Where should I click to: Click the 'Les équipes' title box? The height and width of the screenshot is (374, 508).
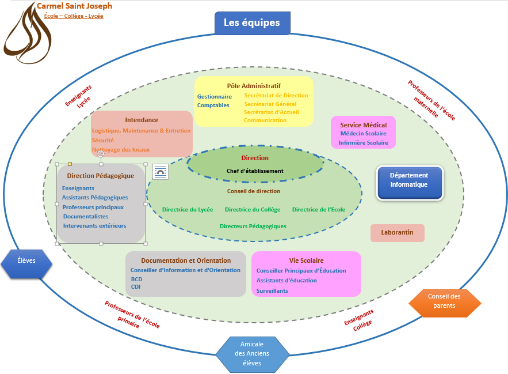click(x=252, y=23)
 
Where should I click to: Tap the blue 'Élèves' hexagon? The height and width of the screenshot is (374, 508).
click(x=26, y=260)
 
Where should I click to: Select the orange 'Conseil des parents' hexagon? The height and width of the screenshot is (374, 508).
click(x=444, y=301)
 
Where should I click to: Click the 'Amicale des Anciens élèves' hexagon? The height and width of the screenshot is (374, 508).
click(x=252, y=353)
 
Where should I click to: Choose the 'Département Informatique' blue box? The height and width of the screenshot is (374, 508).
click(x=409, y=180)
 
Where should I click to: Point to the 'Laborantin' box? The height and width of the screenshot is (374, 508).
click(x=398, y=233)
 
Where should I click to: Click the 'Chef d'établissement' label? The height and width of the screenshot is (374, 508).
click(x=255, y=171)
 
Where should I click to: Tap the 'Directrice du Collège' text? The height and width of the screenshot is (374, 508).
click(x=253, y=210)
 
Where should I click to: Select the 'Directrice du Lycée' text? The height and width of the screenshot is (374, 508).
click(x=188, y=210)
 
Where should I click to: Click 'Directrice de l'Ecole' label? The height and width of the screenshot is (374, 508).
click(x=319, y=210)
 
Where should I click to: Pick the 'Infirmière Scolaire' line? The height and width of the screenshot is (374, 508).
click(x=363, y=143)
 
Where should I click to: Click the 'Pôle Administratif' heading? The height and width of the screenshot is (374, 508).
click(x=254, y=86)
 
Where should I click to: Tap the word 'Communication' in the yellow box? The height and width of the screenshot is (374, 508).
click(x=265, y=120)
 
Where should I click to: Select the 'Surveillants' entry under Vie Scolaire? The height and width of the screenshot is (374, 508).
click(x=272, y=291)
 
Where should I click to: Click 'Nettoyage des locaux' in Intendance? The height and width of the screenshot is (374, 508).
click(x=121, y=150)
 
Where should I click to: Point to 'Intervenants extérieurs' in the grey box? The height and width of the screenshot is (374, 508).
click(x=94, y=226)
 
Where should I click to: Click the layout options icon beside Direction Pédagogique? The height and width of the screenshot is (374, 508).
click(x=161, y=171)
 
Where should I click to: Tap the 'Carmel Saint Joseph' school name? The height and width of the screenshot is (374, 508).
click(x=75, y=6)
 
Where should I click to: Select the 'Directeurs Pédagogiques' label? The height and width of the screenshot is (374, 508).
click(x=253, y=226)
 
